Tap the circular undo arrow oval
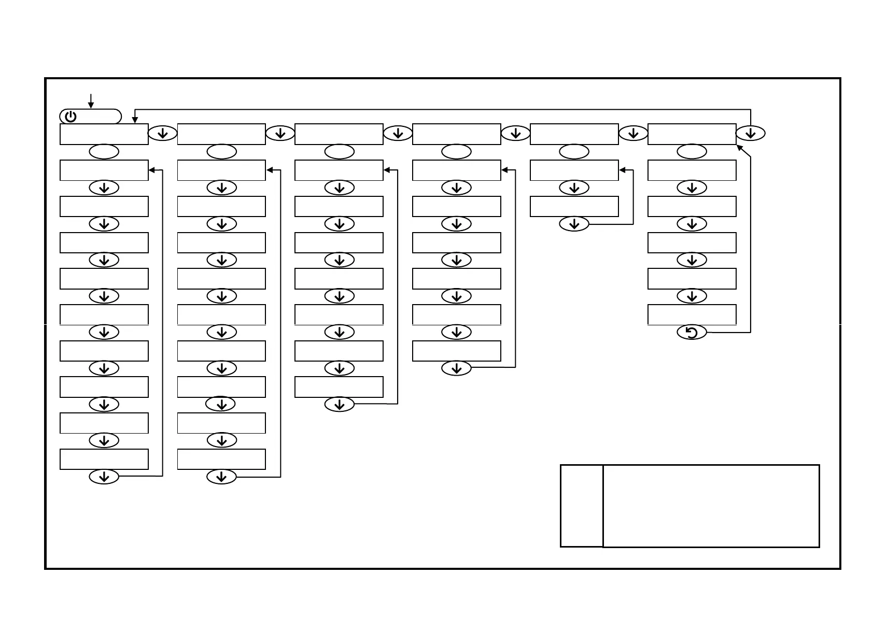pos(692,333)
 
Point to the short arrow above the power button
pos(91,101)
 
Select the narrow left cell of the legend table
pos(582,506)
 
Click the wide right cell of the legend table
pos(711,506)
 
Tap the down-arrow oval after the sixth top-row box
pos(750,134)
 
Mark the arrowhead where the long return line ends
pos(135,120)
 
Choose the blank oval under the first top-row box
pos(104,152)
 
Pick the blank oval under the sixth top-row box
pos(692,152)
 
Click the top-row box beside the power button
pos(104,134)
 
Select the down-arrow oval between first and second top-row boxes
pos(163,134)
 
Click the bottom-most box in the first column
pos(104,460)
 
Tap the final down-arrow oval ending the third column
pos(340,405)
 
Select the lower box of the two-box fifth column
pos(574,206)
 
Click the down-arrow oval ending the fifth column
pos(574,224)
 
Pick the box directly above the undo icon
pos(692,314)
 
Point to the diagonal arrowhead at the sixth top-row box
pos(740,148)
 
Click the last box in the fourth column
pos(457,351)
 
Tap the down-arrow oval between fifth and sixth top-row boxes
pos(633,134)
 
